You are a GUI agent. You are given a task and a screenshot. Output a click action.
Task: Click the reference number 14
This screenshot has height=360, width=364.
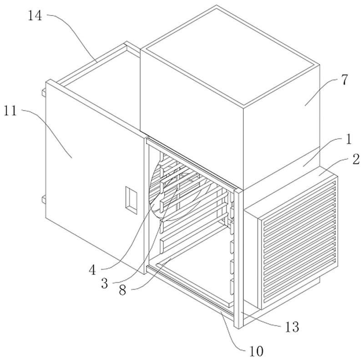tap(35, 16)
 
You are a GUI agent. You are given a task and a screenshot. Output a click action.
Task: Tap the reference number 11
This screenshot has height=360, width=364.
tap(10, 111)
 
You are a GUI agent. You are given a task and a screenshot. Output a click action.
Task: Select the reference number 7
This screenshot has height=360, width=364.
tap(345, 80)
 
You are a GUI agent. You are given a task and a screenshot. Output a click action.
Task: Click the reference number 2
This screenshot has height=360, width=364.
tap(356, 159)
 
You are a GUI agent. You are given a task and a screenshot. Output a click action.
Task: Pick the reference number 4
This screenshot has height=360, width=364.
tap(92, 270)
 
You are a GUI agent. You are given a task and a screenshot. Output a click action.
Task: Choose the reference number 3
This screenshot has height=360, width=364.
tap(105, 284)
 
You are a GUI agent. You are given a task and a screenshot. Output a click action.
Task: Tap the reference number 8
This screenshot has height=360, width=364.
tap(122, 290)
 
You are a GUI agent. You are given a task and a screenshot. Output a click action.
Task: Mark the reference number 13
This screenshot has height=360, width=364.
tap(292, 327)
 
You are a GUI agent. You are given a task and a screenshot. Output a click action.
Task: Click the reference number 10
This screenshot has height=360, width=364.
tap(256, 351)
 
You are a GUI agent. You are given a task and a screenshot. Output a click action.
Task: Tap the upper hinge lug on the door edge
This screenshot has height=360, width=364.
tap(44, 93)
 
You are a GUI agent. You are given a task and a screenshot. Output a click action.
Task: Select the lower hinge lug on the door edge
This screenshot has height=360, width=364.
tap(44, 200)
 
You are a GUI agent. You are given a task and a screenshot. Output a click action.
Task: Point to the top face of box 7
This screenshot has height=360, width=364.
tap(230, 56)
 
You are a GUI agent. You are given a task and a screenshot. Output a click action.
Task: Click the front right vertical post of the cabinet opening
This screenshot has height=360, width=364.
tap(238, 258)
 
